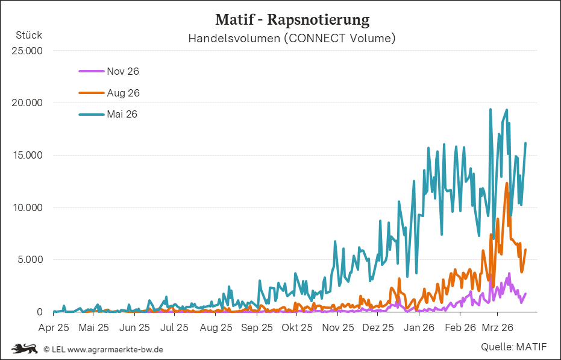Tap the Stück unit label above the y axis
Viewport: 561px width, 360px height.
tap(29, 35)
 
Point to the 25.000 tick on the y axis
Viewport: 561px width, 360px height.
tap(27, 51)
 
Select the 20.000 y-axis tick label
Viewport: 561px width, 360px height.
tap(27, 103)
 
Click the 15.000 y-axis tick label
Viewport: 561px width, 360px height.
tap(27, 155)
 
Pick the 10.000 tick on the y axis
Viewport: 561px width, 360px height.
tap(27, 207)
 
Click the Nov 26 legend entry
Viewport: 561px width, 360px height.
tap(123, 71)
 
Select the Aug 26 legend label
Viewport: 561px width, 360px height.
tap(123, 93)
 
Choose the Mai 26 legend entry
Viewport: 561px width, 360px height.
tap(122, 114)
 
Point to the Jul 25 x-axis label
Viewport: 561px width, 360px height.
tap(175, 328)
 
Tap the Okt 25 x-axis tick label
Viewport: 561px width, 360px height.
tap(297, 328)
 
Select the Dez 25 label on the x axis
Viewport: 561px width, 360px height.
tap(379, 328)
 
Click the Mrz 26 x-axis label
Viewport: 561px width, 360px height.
tap(497, 328)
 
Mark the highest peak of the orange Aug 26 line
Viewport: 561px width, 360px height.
tap(507, 183)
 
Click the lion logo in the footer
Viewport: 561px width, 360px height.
tap(24, 349)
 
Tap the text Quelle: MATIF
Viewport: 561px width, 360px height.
tap(513, 347)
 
